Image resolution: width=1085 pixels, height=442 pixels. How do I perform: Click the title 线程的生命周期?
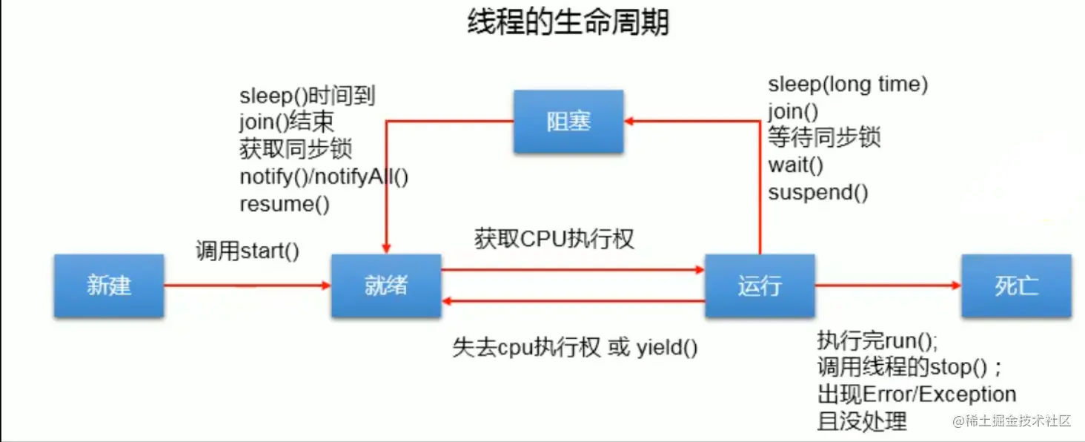coord(568,23)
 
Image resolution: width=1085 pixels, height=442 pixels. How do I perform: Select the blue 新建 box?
coord(109,286)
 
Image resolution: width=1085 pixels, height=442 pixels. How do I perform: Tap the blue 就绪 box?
coord(386,286)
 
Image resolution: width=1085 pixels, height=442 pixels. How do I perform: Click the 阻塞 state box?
coord(568,122)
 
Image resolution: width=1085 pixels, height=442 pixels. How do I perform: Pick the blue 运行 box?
coord(760,286)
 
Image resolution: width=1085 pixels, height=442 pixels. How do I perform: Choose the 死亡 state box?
coord(1016,286)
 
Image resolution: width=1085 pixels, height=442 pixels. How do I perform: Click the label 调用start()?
coord(248,251)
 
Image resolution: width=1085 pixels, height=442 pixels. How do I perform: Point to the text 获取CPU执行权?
coord(554,239)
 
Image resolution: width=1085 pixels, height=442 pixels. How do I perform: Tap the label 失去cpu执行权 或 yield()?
coord(574,347)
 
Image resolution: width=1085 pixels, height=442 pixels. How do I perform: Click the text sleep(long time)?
coord(848,85)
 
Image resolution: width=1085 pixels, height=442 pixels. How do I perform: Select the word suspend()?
coord(818,193)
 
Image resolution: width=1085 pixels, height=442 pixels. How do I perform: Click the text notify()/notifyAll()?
coord(324,177)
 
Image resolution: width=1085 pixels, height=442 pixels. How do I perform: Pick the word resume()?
coord(285,204)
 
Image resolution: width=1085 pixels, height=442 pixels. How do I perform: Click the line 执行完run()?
coord(877,341)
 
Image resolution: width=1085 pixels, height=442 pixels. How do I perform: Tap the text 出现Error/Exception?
coord(917,394)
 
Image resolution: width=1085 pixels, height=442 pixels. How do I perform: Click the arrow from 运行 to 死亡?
coord(888,285)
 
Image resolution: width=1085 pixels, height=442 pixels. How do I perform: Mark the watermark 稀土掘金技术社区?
coord(1012,421)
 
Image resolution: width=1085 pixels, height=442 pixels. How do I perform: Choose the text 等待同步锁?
coord(824,138)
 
